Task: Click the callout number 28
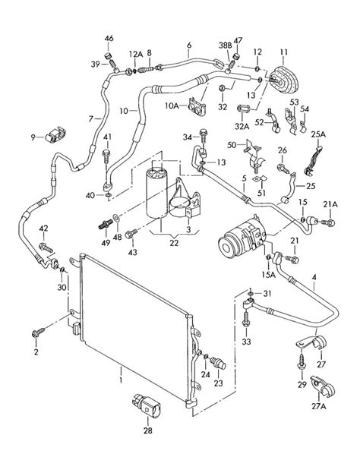148,430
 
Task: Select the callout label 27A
318,406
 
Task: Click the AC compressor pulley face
226,247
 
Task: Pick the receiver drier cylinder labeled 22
156,193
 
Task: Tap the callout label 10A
172,106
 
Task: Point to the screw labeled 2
38,333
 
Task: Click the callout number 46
109,39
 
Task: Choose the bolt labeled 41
106,156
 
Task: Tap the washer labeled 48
116,217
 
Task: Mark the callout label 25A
318,134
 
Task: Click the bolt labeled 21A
329,223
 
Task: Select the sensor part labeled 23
218,363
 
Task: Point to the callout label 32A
242,127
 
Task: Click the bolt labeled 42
46,247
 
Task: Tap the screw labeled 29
301,362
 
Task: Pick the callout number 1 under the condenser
121,380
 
